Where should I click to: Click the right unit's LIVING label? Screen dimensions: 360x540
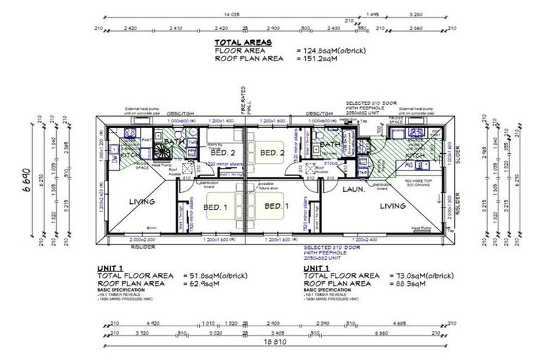392,206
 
